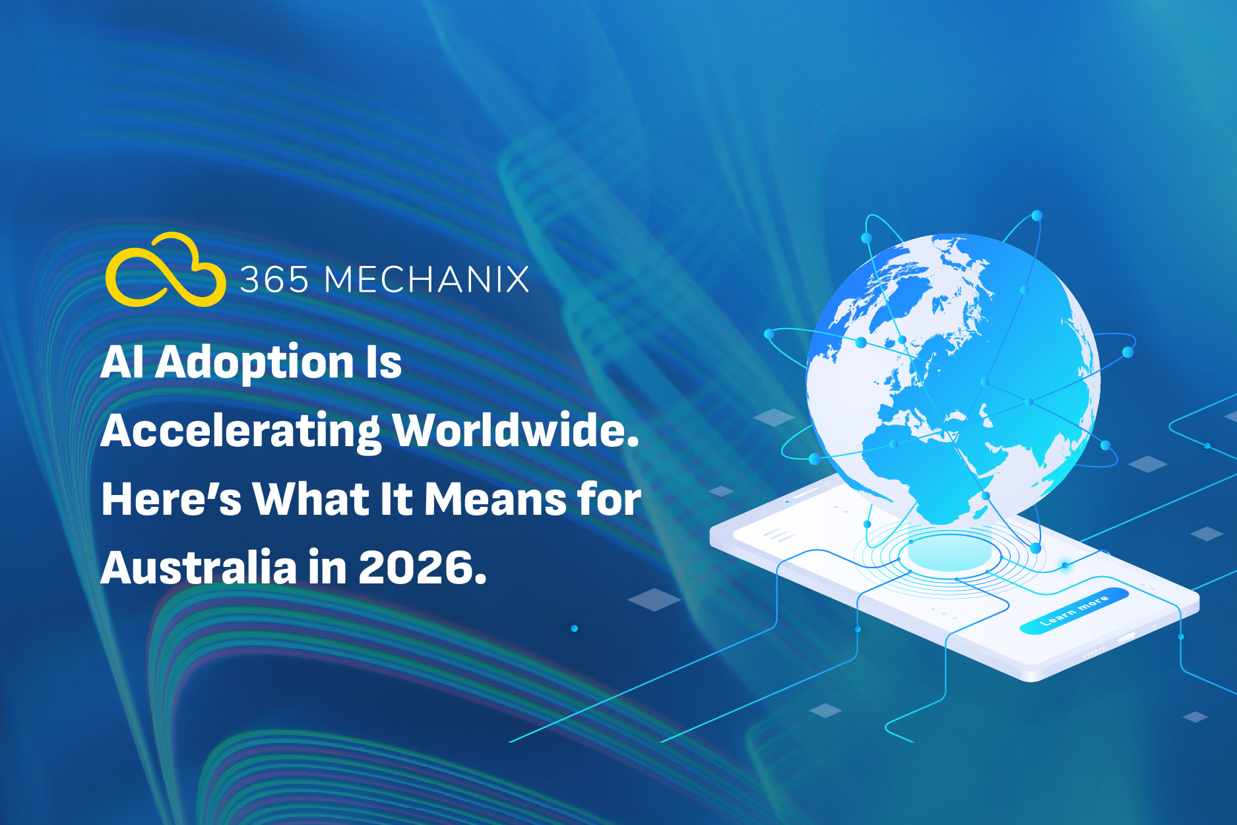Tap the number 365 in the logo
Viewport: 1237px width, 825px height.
274,279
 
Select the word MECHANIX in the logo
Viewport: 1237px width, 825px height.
427,279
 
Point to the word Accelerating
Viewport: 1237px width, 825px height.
241,431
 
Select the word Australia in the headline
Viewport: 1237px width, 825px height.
199,568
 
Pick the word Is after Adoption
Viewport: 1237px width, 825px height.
383,362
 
